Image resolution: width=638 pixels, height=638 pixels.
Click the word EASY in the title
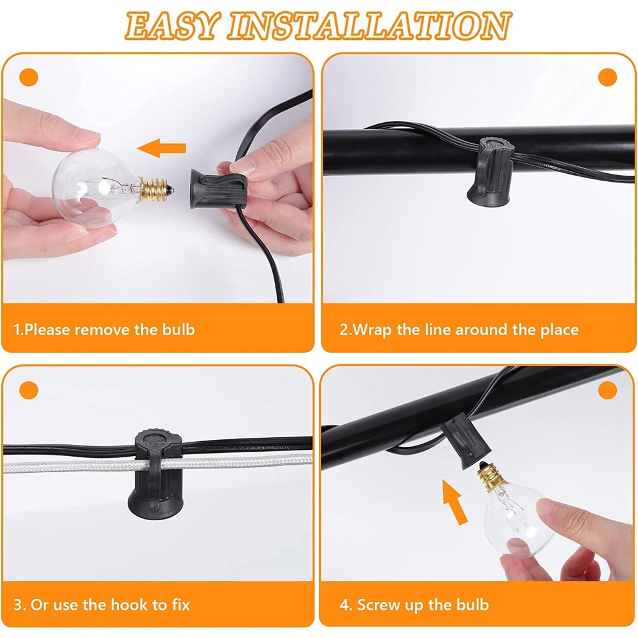tap(173, 25)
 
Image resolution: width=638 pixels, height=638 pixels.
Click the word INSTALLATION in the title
tap(369, 25)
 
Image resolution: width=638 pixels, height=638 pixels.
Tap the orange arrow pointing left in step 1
tap(161, 148)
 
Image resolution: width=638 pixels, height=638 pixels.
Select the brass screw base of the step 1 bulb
tap(155, 189)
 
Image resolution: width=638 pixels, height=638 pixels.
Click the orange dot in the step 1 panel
tap(29, 77)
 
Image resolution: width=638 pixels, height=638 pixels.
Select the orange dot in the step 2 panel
tap(607, 77)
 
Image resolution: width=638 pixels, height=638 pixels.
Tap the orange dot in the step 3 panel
tap(29, 390)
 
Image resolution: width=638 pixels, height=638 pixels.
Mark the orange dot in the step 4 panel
tap(607, 390)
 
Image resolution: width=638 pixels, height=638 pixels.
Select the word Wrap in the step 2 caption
tap(372, 330)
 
